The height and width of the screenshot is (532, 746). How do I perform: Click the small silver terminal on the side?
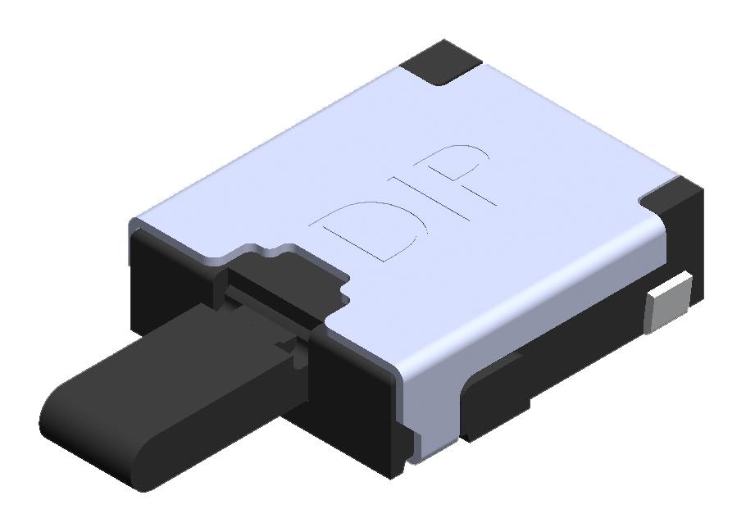670,304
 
